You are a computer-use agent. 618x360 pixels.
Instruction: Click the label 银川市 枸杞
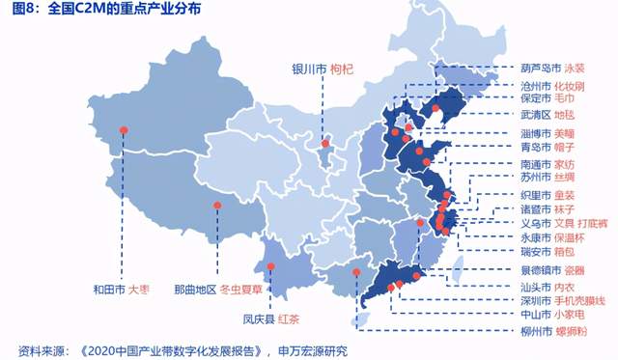click(324, 69)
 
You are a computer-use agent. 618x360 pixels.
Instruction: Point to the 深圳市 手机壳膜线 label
click(563, 300)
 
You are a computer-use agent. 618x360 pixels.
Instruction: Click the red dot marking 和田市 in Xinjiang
click(123, 130)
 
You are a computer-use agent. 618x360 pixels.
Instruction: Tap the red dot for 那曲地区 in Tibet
click(218, 205)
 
